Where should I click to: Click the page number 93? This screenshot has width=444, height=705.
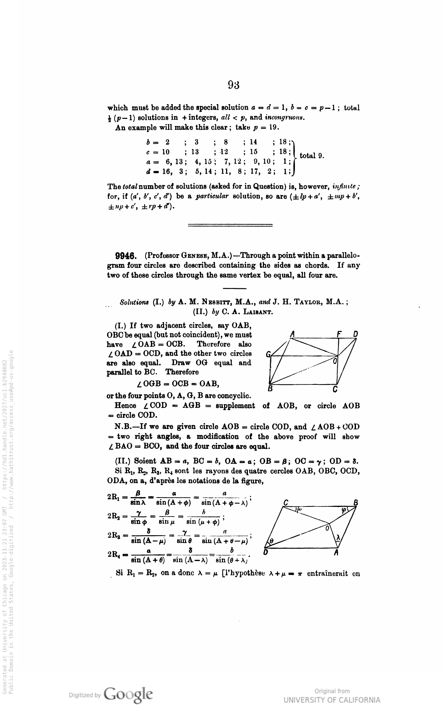click(x=233, y=85)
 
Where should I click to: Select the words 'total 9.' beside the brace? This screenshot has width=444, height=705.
click(x=312, y=156)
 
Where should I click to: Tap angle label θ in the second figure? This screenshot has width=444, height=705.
click(x=272, y=541)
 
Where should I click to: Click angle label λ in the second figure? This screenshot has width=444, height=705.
click(x=338, y=537)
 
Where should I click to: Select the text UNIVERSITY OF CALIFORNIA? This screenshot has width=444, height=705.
click(x=332, y=700)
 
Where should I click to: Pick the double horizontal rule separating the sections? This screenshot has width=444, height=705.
click(x=230, y=225)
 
